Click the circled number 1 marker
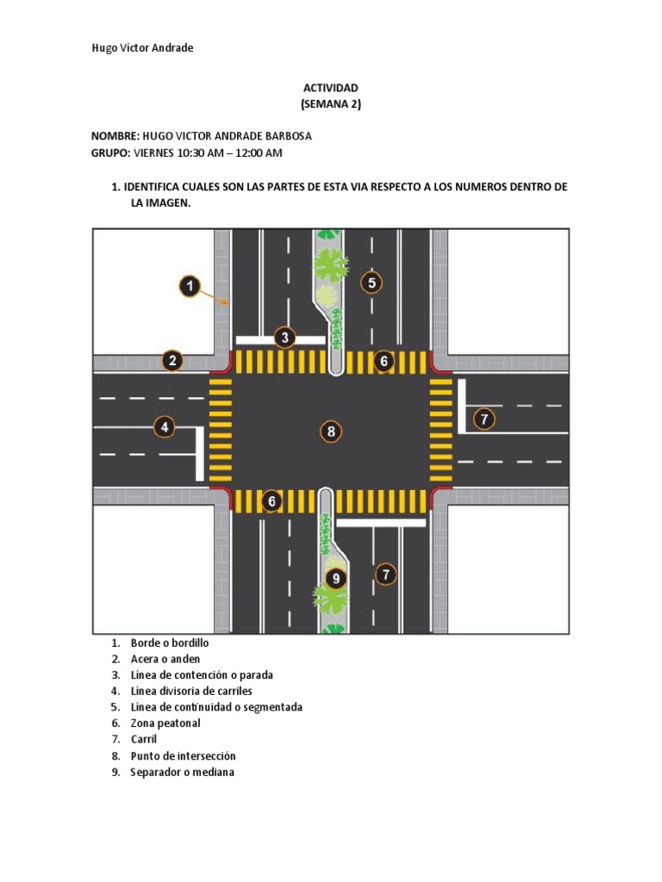point(190,286)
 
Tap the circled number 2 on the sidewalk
point(172,361)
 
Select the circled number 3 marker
point(285,337)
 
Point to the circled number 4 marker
point(164,426)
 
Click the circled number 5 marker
point(372,283)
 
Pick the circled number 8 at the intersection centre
point(331,432)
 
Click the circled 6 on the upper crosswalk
point(384,361)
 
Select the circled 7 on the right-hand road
point(484,419)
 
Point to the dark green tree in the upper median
point(330,264)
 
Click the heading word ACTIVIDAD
point(330,88)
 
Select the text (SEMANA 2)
point(330,104)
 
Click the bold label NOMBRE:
point(116,136)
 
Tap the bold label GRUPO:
point(111,152)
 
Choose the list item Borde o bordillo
point(170,643)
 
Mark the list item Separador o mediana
point(182,772)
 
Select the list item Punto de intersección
point(183,755)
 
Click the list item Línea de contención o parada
point(202,674)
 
